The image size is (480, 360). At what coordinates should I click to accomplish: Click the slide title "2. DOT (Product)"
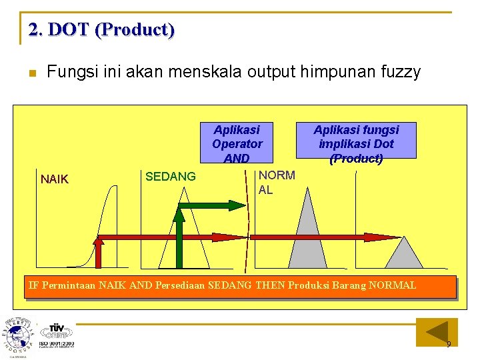(101, 30)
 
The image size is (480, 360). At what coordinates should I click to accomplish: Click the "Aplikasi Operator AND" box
(237, 143)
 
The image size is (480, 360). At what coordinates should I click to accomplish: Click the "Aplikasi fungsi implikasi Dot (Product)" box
(356, 143)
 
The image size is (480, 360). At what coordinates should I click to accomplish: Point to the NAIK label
(55, 179)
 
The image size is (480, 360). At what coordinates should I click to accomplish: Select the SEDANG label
(171, 177)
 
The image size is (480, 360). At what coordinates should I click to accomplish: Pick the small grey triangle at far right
(403, 253)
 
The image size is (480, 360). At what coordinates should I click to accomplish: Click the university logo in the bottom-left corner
(17, 337)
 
